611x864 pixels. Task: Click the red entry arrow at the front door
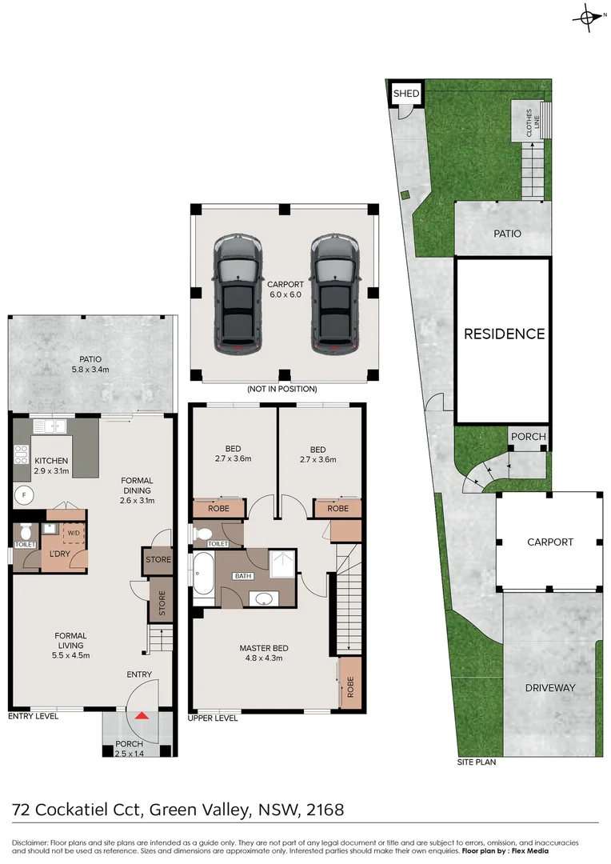click(142, 715)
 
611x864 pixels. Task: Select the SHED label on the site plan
click(405, 94)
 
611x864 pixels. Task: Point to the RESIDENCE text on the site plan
click(504, 334)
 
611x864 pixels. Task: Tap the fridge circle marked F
click(24, 496)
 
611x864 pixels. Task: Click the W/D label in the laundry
click(73, 532)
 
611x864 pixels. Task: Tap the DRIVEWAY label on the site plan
click(550, 687)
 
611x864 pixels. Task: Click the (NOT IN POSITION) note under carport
click(282, 389)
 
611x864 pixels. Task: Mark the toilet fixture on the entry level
click(25, 531)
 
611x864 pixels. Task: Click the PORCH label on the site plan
click(528, 437)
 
